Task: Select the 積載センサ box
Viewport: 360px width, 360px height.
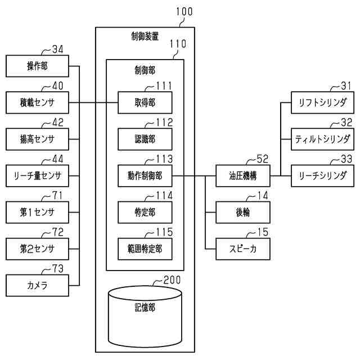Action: point(37,103)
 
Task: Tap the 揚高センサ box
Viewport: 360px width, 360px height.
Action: point(37,139)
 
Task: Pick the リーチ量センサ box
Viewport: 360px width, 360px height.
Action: point(37,176)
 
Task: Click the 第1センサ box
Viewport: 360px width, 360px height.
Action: point(37,212)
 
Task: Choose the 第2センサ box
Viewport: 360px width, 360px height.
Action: point(37,248)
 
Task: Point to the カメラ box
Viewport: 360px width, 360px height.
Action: point(37,285)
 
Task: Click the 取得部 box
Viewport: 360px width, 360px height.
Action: point(145,103)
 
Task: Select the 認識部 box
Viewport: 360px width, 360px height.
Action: point(145,139)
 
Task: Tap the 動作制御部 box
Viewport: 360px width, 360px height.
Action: point(145,176)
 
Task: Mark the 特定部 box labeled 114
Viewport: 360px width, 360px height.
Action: point(145,212)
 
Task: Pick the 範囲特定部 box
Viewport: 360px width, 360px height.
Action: point(145,248)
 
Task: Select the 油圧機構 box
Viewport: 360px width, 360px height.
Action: point(243,176)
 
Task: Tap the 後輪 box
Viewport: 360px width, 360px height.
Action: point(243,212)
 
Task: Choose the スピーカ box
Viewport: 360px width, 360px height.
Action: point(243,248)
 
